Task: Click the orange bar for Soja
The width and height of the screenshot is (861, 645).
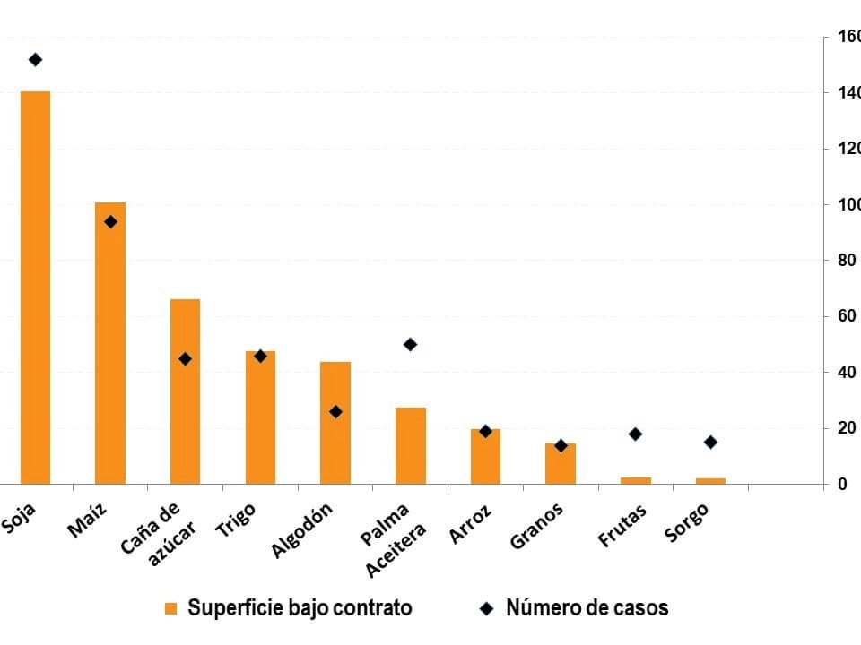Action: (35, 287)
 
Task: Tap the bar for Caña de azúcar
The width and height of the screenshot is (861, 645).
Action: (185, 391)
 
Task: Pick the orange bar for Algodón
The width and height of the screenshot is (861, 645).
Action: (335, 422)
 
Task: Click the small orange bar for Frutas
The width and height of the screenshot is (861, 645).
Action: (636, 480)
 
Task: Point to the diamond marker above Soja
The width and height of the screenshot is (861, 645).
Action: (35, 60)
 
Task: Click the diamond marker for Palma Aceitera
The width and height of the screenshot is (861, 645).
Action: (410, 344)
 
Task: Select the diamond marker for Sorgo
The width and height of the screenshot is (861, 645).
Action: (710, 442)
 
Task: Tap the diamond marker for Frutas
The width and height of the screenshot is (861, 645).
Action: (636, 434)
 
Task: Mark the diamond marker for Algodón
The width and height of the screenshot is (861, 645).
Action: (335, 412)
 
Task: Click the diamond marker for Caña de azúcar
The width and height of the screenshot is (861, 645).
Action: (185, 358)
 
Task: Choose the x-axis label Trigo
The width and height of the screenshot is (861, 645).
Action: (236, 520)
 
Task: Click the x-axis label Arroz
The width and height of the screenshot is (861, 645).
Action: (471, 522)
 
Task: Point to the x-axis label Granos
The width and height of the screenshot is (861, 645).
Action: (536, 525)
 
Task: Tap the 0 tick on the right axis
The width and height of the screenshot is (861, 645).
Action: (842, 485)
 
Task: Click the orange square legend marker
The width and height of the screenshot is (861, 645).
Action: (170, 608)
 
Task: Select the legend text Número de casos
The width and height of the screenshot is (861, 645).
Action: (587, 608)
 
